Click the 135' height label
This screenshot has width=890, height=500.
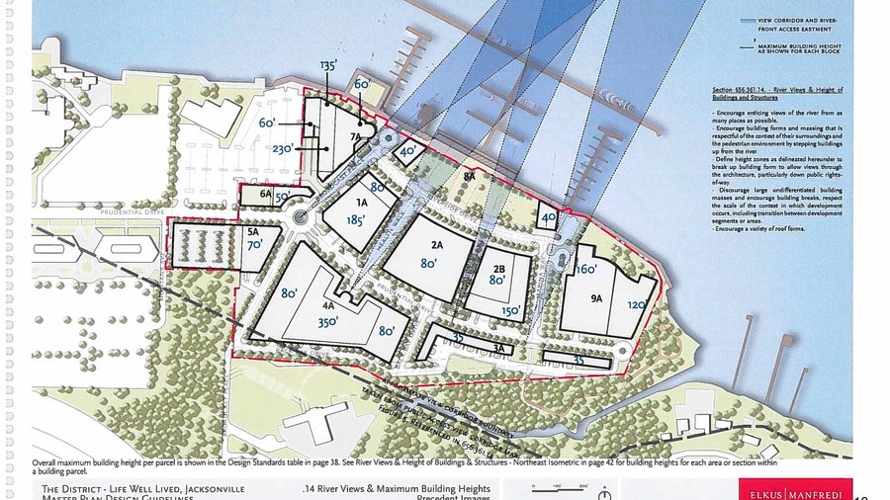point(328,66)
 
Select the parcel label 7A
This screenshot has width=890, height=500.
point(353,138)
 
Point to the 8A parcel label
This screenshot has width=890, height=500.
point(470,175)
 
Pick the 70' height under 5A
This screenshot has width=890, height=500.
point(254,244)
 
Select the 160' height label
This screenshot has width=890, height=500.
point(587,269)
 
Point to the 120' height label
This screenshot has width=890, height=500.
point(636,307)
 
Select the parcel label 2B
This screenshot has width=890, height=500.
point(498,268)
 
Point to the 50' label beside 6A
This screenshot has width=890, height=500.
point(282,197)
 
